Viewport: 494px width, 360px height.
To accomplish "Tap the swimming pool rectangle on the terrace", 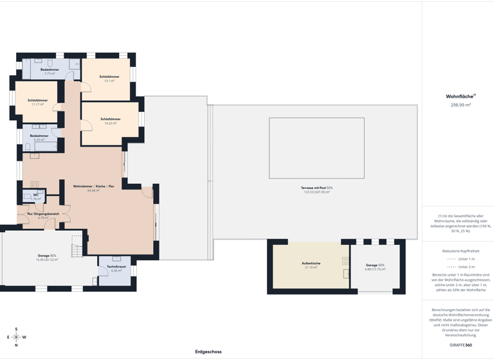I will click(316, 148).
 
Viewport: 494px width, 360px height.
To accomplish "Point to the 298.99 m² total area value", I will click(461, 104).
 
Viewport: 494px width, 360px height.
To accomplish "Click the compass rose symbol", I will click(16, 337).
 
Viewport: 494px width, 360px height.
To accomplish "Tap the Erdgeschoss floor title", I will click(208, 352).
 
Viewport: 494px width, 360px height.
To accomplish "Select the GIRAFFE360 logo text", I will click(461, 345).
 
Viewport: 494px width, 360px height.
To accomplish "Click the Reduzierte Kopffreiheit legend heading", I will click(461, 251).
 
